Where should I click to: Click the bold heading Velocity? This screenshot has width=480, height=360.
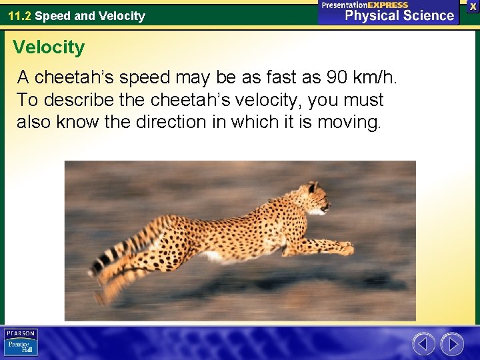pos(49,47)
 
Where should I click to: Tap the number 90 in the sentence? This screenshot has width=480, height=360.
pos(337,78)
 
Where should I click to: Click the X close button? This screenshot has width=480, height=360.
pos(473,5)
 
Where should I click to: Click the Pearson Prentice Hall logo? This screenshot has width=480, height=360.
pos(21,343)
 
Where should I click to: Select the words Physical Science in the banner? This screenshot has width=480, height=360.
pos(399,15)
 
